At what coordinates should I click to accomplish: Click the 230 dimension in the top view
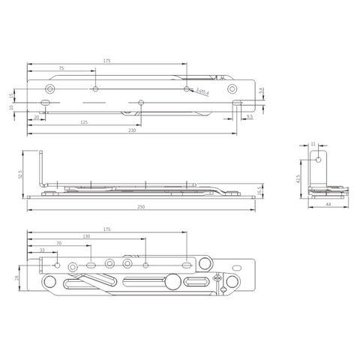click(x=132, y=130)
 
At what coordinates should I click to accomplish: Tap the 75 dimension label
click(x=61, y=68)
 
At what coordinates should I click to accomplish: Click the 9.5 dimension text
click(x=249, y=117)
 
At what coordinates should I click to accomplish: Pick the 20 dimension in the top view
click(x=36, y=117)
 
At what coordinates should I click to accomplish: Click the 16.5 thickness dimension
click(x=259, y=190)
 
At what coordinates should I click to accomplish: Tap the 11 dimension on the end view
click(x=315, y=143)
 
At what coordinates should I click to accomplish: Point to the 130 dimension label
click(x=87, y=236)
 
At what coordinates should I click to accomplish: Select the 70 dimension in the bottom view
click(x=58, y=244)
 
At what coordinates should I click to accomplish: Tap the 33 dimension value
click(x=42, y=251)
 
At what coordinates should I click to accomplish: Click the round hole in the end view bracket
click(x=319, y=159)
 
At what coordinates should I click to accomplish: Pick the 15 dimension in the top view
click(x=11, y=95)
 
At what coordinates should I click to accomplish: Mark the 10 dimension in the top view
click(x=11, y=107)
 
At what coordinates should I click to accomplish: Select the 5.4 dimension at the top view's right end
click(x=260, y=91)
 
